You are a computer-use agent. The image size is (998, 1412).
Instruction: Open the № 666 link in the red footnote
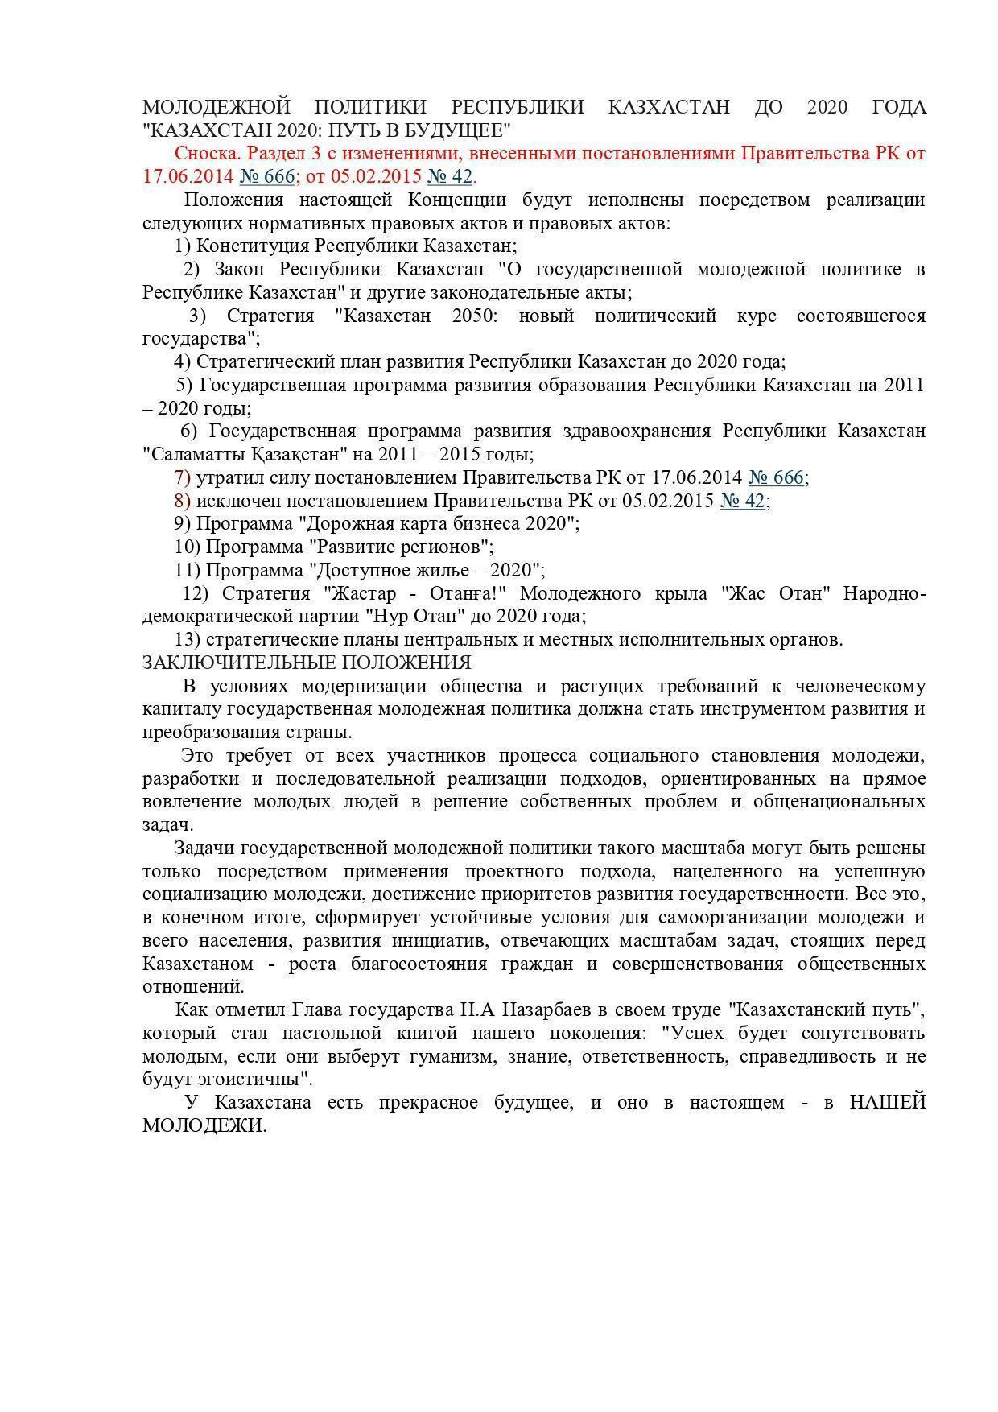[x=267, y=176]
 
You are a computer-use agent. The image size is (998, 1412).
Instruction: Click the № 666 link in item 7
[x=776, y=477]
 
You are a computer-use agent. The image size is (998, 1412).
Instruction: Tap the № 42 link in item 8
[x=742, y=501]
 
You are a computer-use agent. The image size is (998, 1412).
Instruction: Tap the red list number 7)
[x=182, y=477]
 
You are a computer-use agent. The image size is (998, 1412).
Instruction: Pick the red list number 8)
[x=182, y=501]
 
